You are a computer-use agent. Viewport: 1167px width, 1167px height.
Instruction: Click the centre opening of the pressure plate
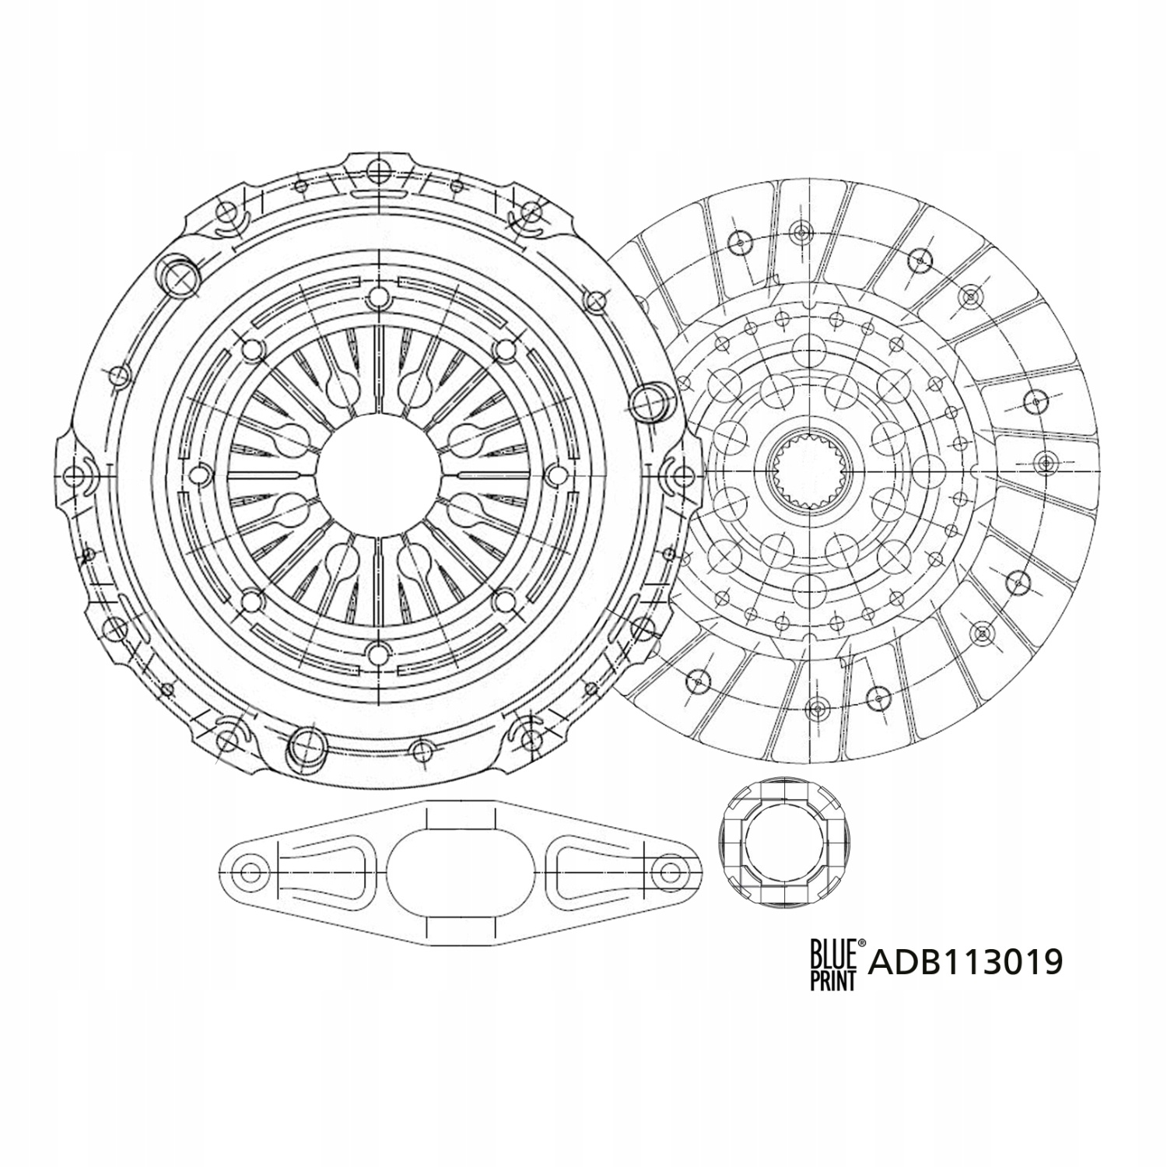click(x=377, y=473)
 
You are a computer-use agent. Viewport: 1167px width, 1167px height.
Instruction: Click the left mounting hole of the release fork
click(x=251, y=871)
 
